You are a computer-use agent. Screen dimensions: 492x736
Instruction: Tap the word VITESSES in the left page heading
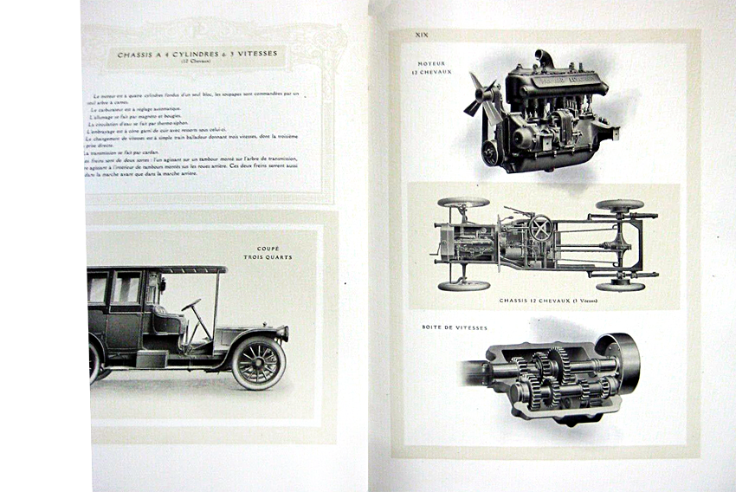254,54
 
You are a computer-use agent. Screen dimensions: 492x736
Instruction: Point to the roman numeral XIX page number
423,36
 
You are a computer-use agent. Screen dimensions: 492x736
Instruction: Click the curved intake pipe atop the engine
545,59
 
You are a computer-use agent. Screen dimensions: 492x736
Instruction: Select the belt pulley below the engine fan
492,152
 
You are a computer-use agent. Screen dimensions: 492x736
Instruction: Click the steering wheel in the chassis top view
542,229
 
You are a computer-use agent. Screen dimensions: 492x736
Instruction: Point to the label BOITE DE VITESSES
455,328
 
